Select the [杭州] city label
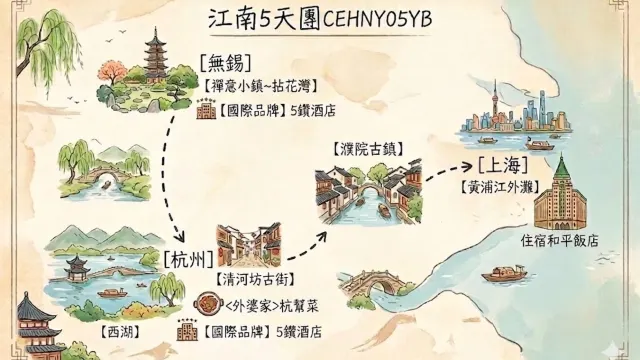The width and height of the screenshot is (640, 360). point(186,257)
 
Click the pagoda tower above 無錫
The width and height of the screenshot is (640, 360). point(156,55)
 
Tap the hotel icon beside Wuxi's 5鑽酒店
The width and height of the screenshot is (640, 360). point(206,110)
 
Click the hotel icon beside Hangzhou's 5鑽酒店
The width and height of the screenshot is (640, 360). point(187,330)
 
